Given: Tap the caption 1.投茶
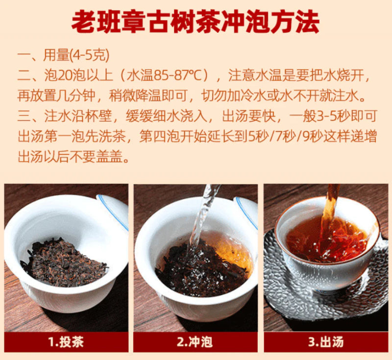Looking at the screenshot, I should (x=66, y=341).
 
